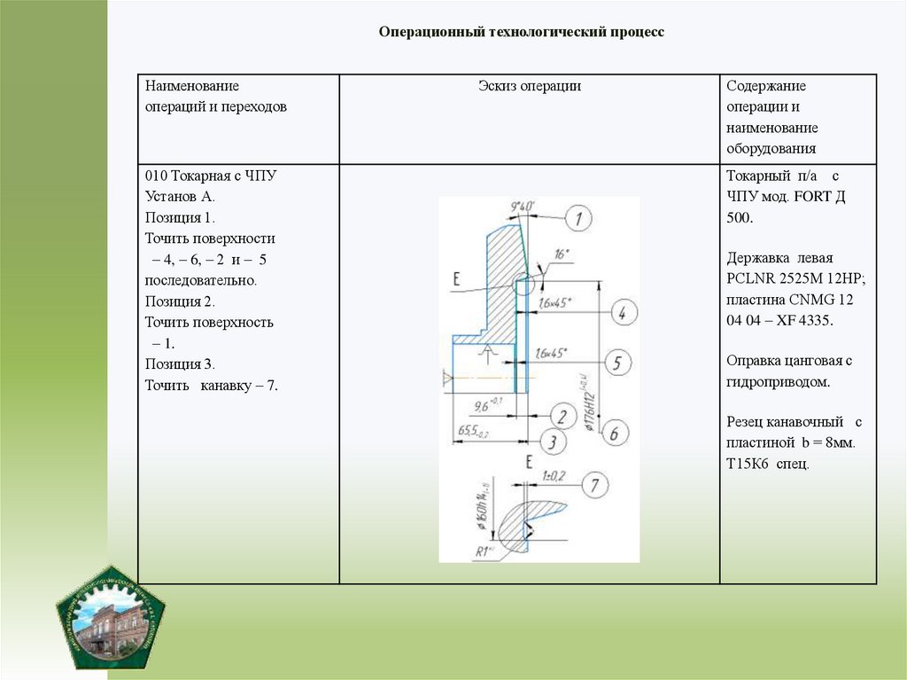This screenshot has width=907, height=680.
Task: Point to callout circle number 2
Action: tap(561, 415)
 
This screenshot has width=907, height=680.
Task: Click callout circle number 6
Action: tap(612, 433)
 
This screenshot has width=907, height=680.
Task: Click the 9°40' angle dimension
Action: tap(523, 207)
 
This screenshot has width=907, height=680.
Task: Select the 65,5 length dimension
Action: tap(471, 431)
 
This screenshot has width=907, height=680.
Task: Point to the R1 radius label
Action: tap(484, 551)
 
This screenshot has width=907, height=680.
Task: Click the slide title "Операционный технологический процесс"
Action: tap(521, 32)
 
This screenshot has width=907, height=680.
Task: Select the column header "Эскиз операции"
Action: tap(530, 86)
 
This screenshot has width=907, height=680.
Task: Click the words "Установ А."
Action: tap(180, 197)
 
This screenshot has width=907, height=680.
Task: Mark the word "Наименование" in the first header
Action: tap(192, 86)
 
